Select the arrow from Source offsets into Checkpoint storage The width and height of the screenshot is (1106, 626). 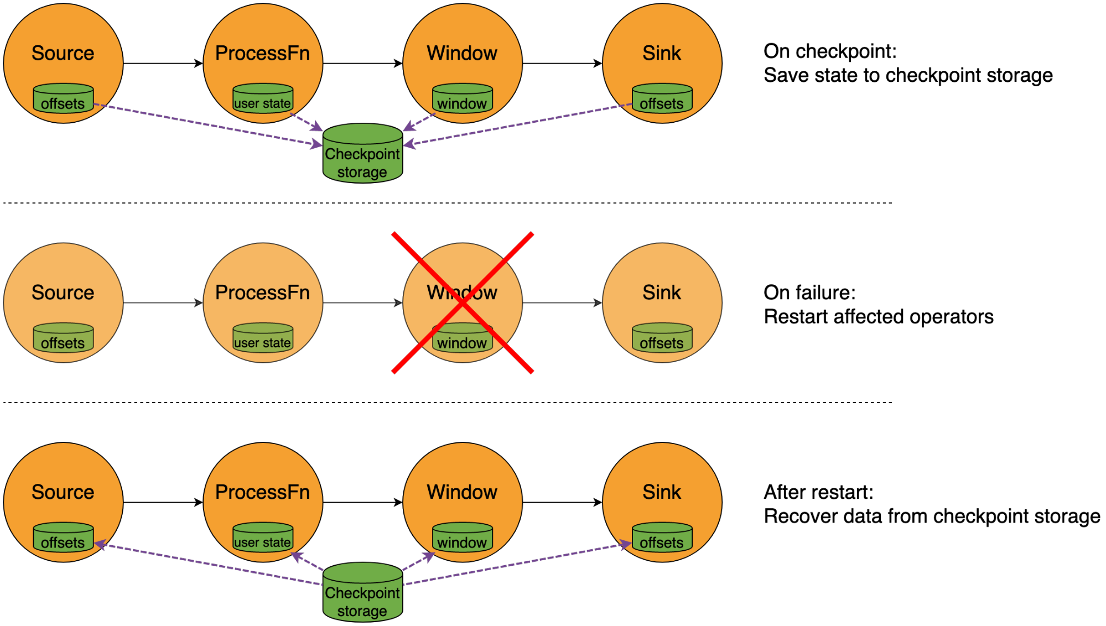tap(207, 124)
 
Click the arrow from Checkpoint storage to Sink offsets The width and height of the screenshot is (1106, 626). tap(517, 565)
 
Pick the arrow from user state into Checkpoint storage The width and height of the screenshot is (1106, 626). tap(307, 122)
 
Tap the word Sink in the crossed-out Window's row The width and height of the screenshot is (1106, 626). tap(662, 293)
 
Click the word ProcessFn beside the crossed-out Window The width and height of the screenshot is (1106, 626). tap(262, 293)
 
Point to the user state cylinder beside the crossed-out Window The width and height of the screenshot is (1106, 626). tap(263, 338)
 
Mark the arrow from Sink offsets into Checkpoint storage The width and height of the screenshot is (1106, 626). tap(517, 124)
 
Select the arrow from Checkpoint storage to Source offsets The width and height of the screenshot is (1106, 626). tap(207, 564)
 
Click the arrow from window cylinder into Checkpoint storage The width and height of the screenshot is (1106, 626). tap(419, 122)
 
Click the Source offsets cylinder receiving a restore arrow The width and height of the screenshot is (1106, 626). tap(63, 538)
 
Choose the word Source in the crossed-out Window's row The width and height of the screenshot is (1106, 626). tap(63, 293)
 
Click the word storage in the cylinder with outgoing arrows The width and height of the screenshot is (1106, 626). tap(362, 611)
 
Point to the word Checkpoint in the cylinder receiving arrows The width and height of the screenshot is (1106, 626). tap(362, 154)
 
